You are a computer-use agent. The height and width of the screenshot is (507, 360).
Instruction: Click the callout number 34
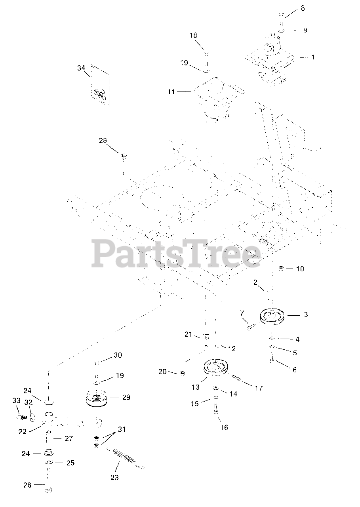point(81,68)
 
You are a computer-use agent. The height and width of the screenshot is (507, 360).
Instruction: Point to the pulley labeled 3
point(273,316)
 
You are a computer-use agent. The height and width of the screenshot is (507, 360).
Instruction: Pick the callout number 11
point(171,92)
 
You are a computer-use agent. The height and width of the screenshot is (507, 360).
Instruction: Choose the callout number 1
point(313,57)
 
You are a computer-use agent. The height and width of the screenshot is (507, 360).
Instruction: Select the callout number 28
point(103,141)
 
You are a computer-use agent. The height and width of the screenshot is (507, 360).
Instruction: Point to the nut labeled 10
point(281,268)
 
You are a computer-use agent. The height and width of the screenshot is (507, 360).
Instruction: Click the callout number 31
point(122,429)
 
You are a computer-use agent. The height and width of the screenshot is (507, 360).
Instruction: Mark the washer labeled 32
point(32,417)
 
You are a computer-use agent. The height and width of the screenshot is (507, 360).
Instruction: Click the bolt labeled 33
point(22,417)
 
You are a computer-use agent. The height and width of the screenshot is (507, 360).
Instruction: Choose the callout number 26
point(27,485)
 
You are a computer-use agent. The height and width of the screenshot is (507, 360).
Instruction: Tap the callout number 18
point(193,35)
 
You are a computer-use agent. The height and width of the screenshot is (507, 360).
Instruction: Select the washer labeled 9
point(281,30)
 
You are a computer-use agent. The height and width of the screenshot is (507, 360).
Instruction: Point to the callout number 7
point(242,313)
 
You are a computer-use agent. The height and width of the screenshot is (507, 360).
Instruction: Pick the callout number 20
point(162,372)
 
